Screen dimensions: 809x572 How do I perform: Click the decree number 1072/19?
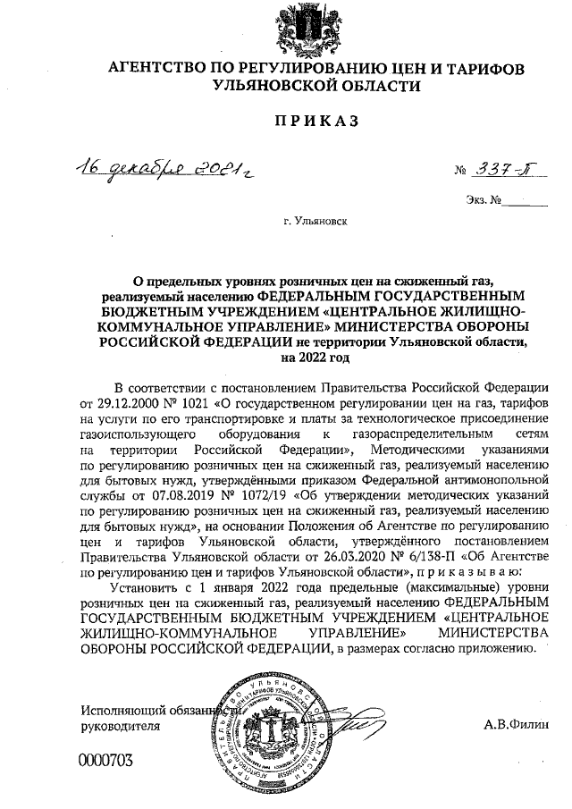(262, 493)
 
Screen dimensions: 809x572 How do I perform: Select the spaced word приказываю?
(464, 569)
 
